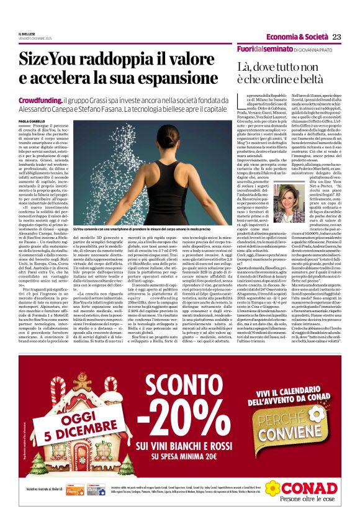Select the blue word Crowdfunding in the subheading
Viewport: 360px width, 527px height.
40,100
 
